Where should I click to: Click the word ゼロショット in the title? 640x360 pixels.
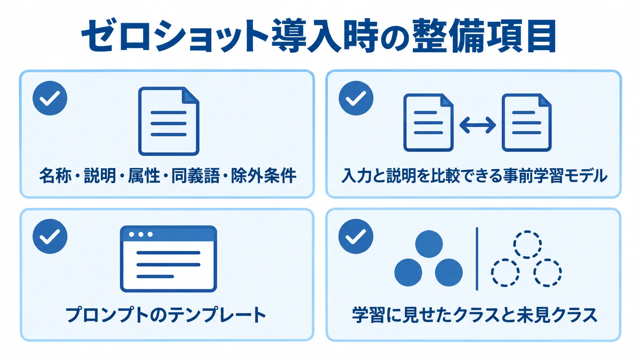[175, 36]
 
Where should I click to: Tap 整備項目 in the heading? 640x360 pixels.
[484, 36]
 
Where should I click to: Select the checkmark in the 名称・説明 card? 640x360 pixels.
[50, 98]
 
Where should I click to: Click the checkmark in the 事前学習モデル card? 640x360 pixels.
[356, 98]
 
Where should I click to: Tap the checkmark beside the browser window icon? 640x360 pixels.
[50, 236]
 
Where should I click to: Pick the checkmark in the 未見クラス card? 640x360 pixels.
[356, 236]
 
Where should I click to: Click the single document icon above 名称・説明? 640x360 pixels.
[168, 121]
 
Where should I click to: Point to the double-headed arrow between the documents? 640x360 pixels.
[477, 125]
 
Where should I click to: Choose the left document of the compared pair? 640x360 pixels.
[428, 122]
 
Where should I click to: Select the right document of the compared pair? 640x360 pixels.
[527, 122]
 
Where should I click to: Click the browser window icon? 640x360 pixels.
[168, 259]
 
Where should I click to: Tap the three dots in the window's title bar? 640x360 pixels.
[141, 235]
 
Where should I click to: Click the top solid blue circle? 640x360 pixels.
[429, 244]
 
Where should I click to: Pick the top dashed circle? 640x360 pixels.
[527, 244]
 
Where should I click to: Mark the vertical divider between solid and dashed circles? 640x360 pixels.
[477, 259]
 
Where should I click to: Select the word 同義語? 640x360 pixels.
[196, 175]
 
